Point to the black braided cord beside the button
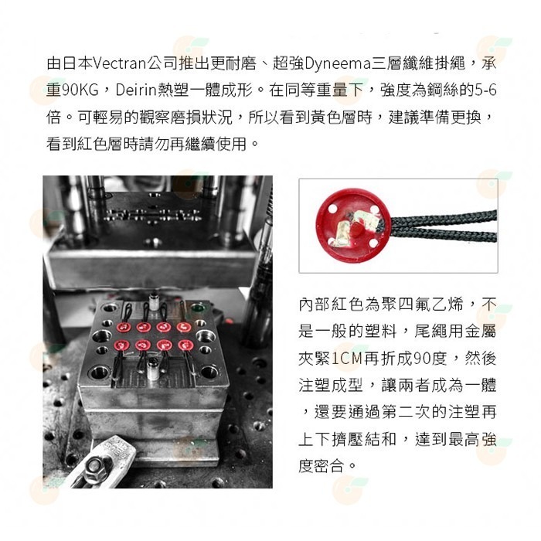pos(444,226)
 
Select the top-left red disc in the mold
pos(124,327)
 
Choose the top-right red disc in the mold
pos(183,327)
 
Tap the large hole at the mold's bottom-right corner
pos(210,372)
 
